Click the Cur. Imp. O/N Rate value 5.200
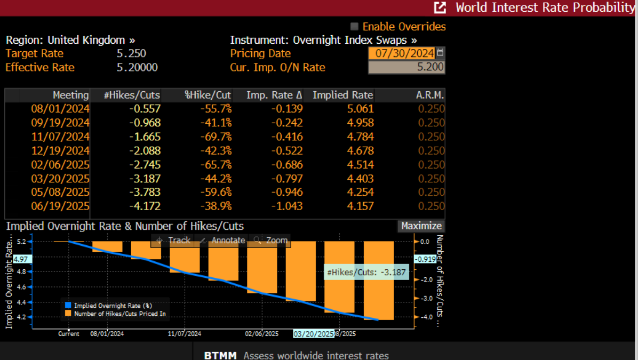coord(406,67)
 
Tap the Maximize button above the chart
coord(421,226)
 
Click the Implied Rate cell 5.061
coord(360,109)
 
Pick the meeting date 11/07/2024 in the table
coord(60,137)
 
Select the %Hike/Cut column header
coord(208,95)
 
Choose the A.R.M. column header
coord(430,95)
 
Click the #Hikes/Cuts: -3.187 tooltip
coord(366,273)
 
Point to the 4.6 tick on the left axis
coord(21,287)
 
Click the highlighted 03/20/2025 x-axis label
coord(314,334)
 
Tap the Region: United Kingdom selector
coord(70,40)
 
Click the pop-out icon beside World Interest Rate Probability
coord(440,7)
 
